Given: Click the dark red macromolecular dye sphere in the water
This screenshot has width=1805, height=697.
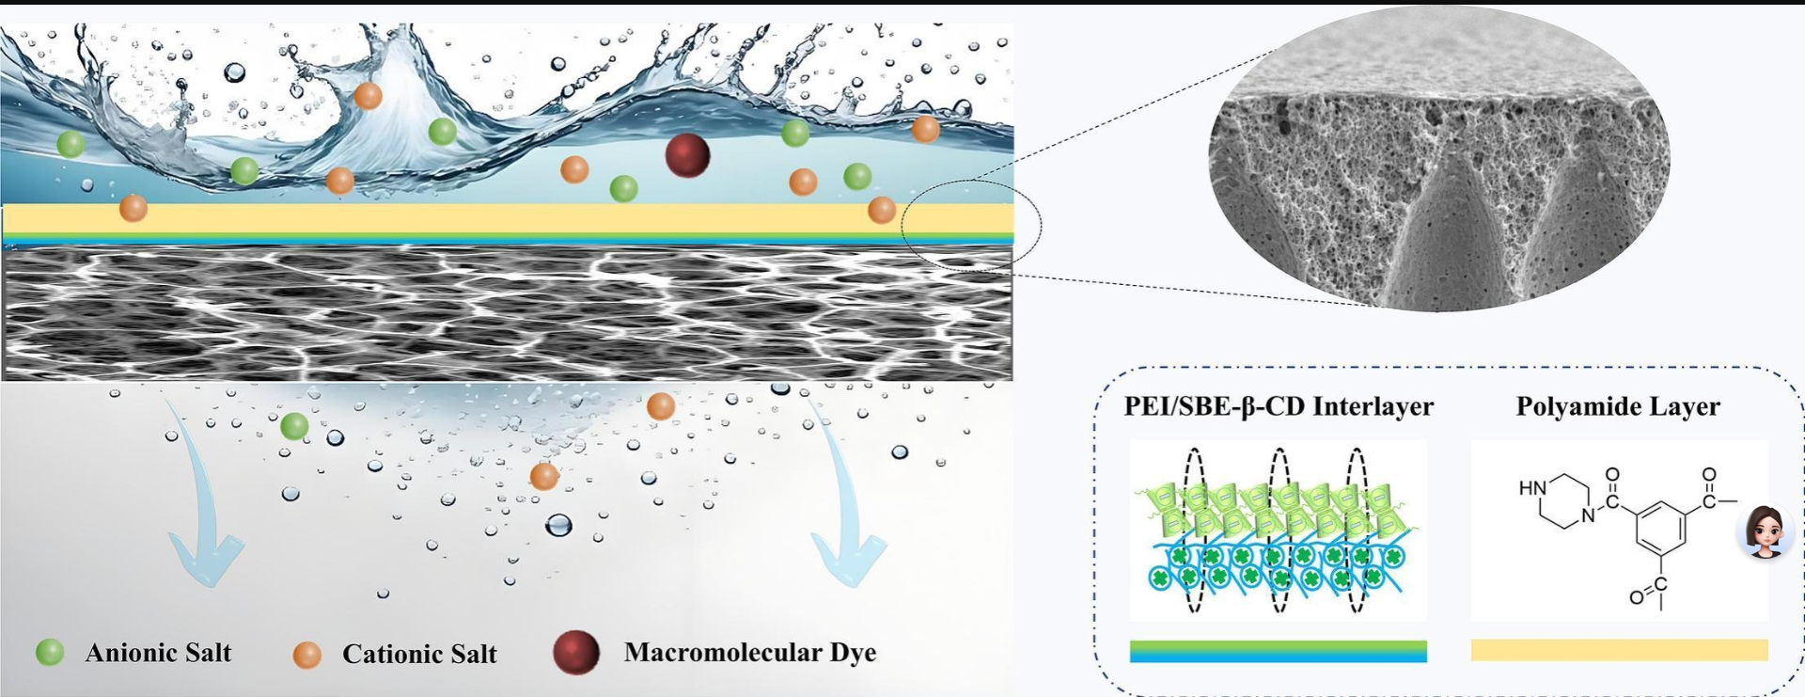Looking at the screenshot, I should (x=687, y=155).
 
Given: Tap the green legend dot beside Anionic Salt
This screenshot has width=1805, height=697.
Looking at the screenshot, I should (x=50, y=652).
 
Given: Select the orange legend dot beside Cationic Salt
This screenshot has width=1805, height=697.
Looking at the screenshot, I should (x=307, y=655).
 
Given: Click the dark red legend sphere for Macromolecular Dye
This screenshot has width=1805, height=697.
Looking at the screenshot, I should (x=576, y=652).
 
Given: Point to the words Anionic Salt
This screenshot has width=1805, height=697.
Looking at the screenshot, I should (x=158, y=653).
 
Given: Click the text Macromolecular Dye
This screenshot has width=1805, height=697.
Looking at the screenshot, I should (x=750, y=653).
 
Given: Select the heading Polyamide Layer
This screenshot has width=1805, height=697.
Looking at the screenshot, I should (x=1618, y=406).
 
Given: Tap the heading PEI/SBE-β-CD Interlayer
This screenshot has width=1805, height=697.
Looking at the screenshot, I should (x=1279, y=406).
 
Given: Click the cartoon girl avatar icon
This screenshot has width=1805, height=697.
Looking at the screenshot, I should (x=1765, y=531).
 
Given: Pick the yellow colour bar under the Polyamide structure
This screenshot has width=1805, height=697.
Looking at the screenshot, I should (x=1619, y=650).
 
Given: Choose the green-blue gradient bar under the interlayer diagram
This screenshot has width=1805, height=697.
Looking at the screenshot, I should (x=1278, y=651).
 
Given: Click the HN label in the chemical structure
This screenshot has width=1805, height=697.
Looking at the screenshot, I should (x=1531, y=488).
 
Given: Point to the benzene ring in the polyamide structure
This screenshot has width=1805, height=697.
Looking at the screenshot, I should (x=1661, y=530).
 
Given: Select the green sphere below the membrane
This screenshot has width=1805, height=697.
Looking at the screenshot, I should (x=294, y=426).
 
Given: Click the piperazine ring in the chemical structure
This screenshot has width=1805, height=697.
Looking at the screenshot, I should (x=1563, y=501).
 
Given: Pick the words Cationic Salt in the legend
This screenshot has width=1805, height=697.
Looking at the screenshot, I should (x=419, y=655).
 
